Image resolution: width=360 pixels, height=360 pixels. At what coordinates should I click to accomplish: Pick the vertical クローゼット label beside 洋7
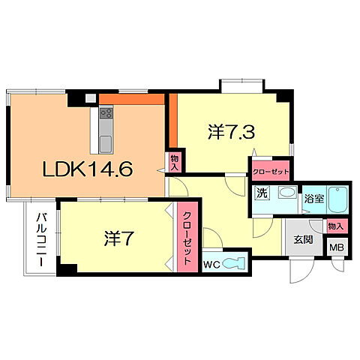click(x=187, y=235)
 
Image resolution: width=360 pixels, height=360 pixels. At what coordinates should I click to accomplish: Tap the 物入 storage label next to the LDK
click(x=175, y=163)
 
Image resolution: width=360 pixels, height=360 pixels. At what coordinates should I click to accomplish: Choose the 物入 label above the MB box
click(x=334, y=226)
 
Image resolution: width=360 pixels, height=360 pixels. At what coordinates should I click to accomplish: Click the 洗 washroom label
click(x=262, y=193)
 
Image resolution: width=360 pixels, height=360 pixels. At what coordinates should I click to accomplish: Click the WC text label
click(x=211, y=262)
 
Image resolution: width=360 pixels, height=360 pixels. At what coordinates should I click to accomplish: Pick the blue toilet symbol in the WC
click(x=235, y=262)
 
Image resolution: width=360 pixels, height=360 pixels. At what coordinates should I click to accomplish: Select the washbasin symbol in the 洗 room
click(x=286, y=193)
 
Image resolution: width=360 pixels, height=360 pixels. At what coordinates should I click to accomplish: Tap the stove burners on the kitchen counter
click(x=106, y=115)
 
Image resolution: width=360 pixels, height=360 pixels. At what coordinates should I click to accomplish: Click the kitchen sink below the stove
click(x=106, y=142)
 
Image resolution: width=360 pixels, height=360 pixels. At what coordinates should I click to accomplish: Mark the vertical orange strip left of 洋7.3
click(x=171, y=123)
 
